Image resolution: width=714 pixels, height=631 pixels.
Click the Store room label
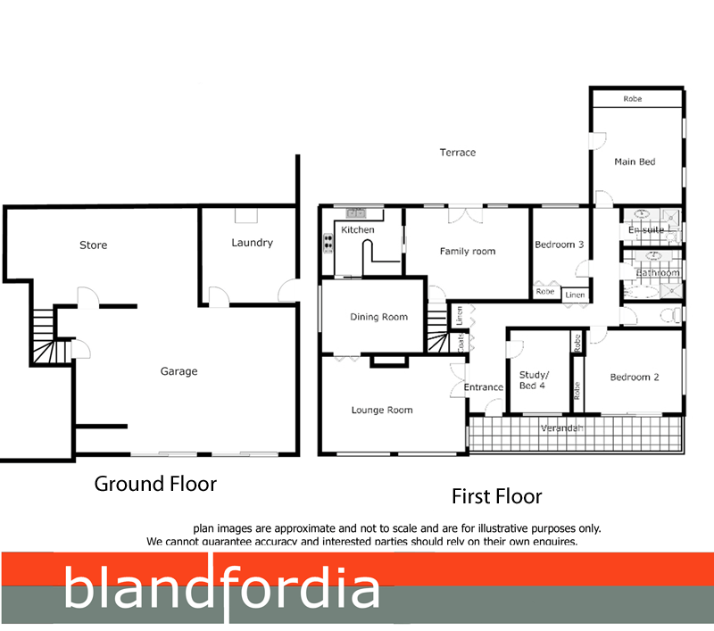pyautogui.click(x=94, y=245)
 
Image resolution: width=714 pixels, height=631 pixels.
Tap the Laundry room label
pyautogui.click(x=252, y=243)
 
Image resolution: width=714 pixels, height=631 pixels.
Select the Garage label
pyautogui.click(x=178, y=371)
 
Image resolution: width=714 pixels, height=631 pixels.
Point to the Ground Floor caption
pyautogui.click(x=156, y=484)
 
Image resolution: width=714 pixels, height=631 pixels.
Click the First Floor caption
pyautogui.click(x=497, y=496)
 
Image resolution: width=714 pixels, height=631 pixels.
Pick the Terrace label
pyautogui.click(x=458, y=153)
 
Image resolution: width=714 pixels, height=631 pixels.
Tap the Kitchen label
pyautogui.click(x=358, y=230)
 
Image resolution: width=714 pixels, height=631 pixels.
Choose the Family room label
pyautogui.click(x=468, y=252)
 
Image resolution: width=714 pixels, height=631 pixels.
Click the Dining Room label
pyautogui.click(x=378, y=317)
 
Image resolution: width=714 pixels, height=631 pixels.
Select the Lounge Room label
pyautogui.click(x=381, y=411)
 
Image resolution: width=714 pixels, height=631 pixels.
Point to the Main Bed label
pyautogui.click(x=635, y=162)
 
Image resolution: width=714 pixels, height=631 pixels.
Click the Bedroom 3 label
pyautogui.click(x=560, y=245)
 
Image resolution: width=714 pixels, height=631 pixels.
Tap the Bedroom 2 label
pyautogui.click(x=635, y=378)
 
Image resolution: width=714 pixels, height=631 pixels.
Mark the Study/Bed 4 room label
pyautogui.click(x=535, y=379)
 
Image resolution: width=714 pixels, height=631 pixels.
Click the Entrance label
pyautogui.click(x=484, y=387)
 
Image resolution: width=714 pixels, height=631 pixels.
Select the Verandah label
pyautogui.click(x=562, y=429)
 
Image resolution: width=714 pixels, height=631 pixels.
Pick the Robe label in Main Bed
pyautogui.click(x=633, y=99)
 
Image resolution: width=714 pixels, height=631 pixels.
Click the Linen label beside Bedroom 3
pyautogui.click(x=576, y=295)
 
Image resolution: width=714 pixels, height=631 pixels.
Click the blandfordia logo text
pyautogui.click(x=222, y=589)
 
